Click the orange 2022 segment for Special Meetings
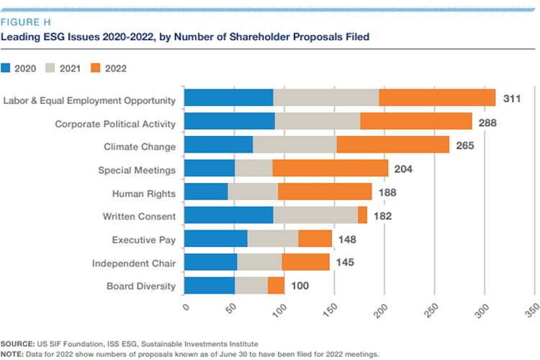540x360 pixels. pyautogui.click(x=330, y=168)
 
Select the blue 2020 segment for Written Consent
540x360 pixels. pyautogui.click(x=229, y=215)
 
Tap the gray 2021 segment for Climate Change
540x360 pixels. pyautogui.click(x=294, y=145)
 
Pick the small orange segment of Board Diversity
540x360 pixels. pyautogui.click(x=276, y=284)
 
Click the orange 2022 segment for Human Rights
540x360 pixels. pyautogui.click(x=325, y=192)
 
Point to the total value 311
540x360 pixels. pyautogui.click(x=512, y=98)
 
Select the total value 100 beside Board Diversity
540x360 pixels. pyautogui.click(x=300, y=285)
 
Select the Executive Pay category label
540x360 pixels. pyautogui.click(x=143, y=238)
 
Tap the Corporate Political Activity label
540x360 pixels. pyautogui.click(x=115, y=123)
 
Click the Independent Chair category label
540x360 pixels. pyautogui.click(x=133, y=262)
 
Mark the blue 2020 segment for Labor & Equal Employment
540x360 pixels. pyautogui.click(x=229, y=98)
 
